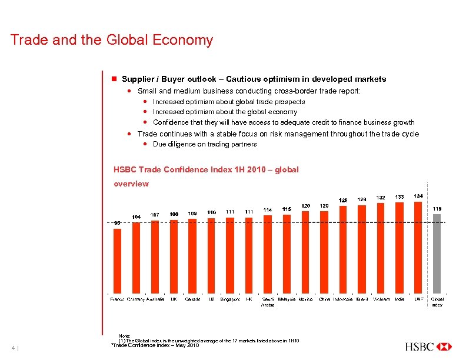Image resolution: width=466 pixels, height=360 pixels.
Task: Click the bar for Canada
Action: pos(192,256)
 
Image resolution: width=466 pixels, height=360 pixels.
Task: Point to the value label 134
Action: pos(418,195)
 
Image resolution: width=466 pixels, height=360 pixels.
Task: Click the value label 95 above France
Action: pos(117,223)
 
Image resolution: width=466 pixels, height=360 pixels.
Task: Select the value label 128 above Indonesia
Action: pos(343,200)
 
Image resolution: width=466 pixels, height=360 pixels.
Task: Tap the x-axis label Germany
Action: pos(136,299)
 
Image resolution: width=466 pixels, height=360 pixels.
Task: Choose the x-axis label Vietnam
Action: pos(381,299)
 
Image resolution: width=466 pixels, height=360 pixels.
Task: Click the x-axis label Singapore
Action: pos(230,299)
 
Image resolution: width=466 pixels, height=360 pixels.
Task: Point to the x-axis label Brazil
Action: pos(362,299)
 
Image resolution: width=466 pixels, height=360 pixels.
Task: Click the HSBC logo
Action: pos(428,346)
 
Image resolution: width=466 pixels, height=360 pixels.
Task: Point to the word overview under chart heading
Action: pos(131,184)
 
